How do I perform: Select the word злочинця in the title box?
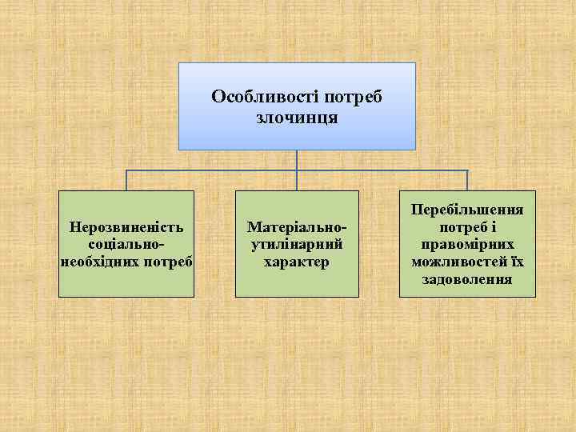coord(297,118)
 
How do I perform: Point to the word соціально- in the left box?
coord(126,244)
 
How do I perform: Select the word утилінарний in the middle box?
coord(297,244)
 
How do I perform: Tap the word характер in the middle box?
coord(297,262)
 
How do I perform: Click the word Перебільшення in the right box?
coord(467,210)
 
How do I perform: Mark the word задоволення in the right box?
coord(467,279)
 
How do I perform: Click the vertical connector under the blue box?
coord(297,160)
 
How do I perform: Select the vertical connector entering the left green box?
coord(126,180)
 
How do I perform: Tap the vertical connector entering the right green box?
coord(467,180)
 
